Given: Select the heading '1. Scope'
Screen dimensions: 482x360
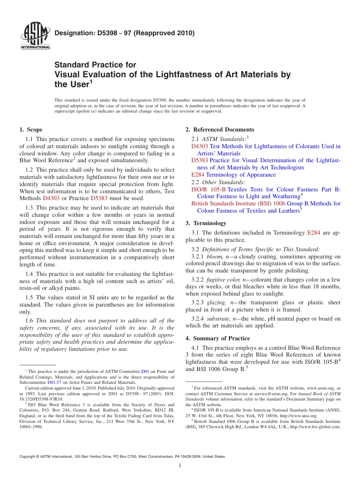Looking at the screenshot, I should tap(31, 130).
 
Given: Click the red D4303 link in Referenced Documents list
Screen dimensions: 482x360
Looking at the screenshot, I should tap(200, 146).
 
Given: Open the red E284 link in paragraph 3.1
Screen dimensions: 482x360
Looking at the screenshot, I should tap(313, 233).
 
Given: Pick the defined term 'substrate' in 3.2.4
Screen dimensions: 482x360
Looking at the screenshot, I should tap(218, 319).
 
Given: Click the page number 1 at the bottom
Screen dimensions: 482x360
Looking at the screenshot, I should tap(180, 466).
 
